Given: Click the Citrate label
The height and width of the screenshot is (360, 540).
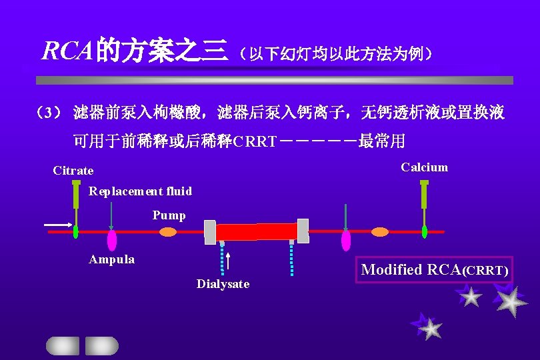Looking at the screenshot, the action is point(73,171).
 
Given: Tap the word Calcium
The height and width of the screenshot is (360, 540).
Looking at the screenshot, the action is point(424,167).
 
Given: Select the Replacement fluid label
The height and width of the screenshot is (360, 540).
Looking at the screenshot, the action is point(141,192).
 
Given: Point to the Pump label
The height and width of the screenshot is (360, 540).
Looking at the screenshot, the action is point(169,215).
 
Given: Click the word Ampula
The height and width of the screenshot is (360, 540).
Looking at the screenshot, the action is point(112,259).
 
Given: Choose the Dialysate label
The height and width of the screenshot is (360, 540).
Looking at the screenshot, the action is point(223,284).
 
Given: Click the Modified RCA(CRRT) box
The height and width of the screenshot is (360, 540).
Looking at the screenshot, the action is point(434,270).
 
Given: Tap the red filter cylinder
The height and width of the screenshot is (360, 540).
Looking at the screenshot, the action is point(257,232).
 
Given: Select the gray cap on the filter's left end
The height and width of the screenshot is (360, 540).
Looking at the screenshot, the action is point(210,231).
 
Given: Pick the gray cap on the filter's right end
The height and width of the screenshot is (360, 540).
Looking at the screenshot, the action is point(303,231).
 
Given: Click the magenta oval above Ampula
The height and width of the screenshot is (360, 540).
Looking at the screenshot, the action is point(112,240).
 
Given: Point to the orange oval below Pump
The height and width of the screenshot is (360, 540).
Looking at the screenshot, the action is point(168,232).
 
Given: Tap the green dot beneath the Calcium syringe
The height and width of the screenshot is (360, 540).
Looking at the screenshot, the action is point(424,231).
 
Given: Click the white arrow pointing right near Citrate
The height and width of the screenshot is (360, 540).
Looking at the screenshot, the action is point(58,225).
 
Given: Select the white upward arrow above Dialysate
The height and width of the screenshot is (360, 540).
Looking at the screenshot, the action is point(229,261).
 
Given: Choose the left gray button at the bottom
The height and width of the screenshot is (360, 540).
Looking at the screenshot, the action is point(62,345).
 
